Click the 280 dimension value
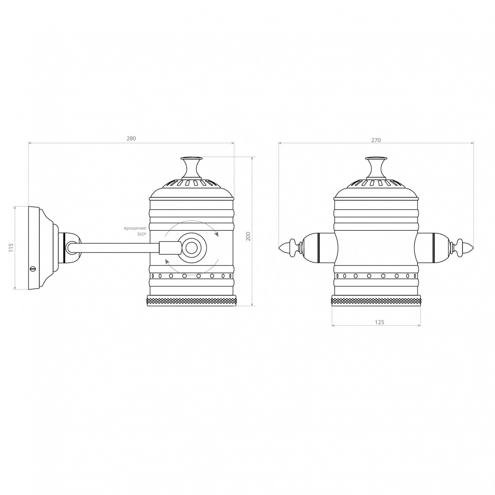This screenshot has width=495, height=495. click(131, 139)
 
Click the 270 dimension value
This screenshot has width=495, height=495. click(376, 140)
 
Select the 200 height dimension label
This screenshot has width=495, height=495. click(248, 236)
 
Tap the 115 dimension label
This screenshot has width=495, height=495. click(11, 247)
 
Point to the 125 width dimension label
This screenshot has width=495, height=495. click(379, 322)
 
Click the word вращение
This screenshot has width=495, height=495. click(135, 228)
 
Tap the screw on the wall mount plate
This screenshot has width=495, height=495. click(32, 268)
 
